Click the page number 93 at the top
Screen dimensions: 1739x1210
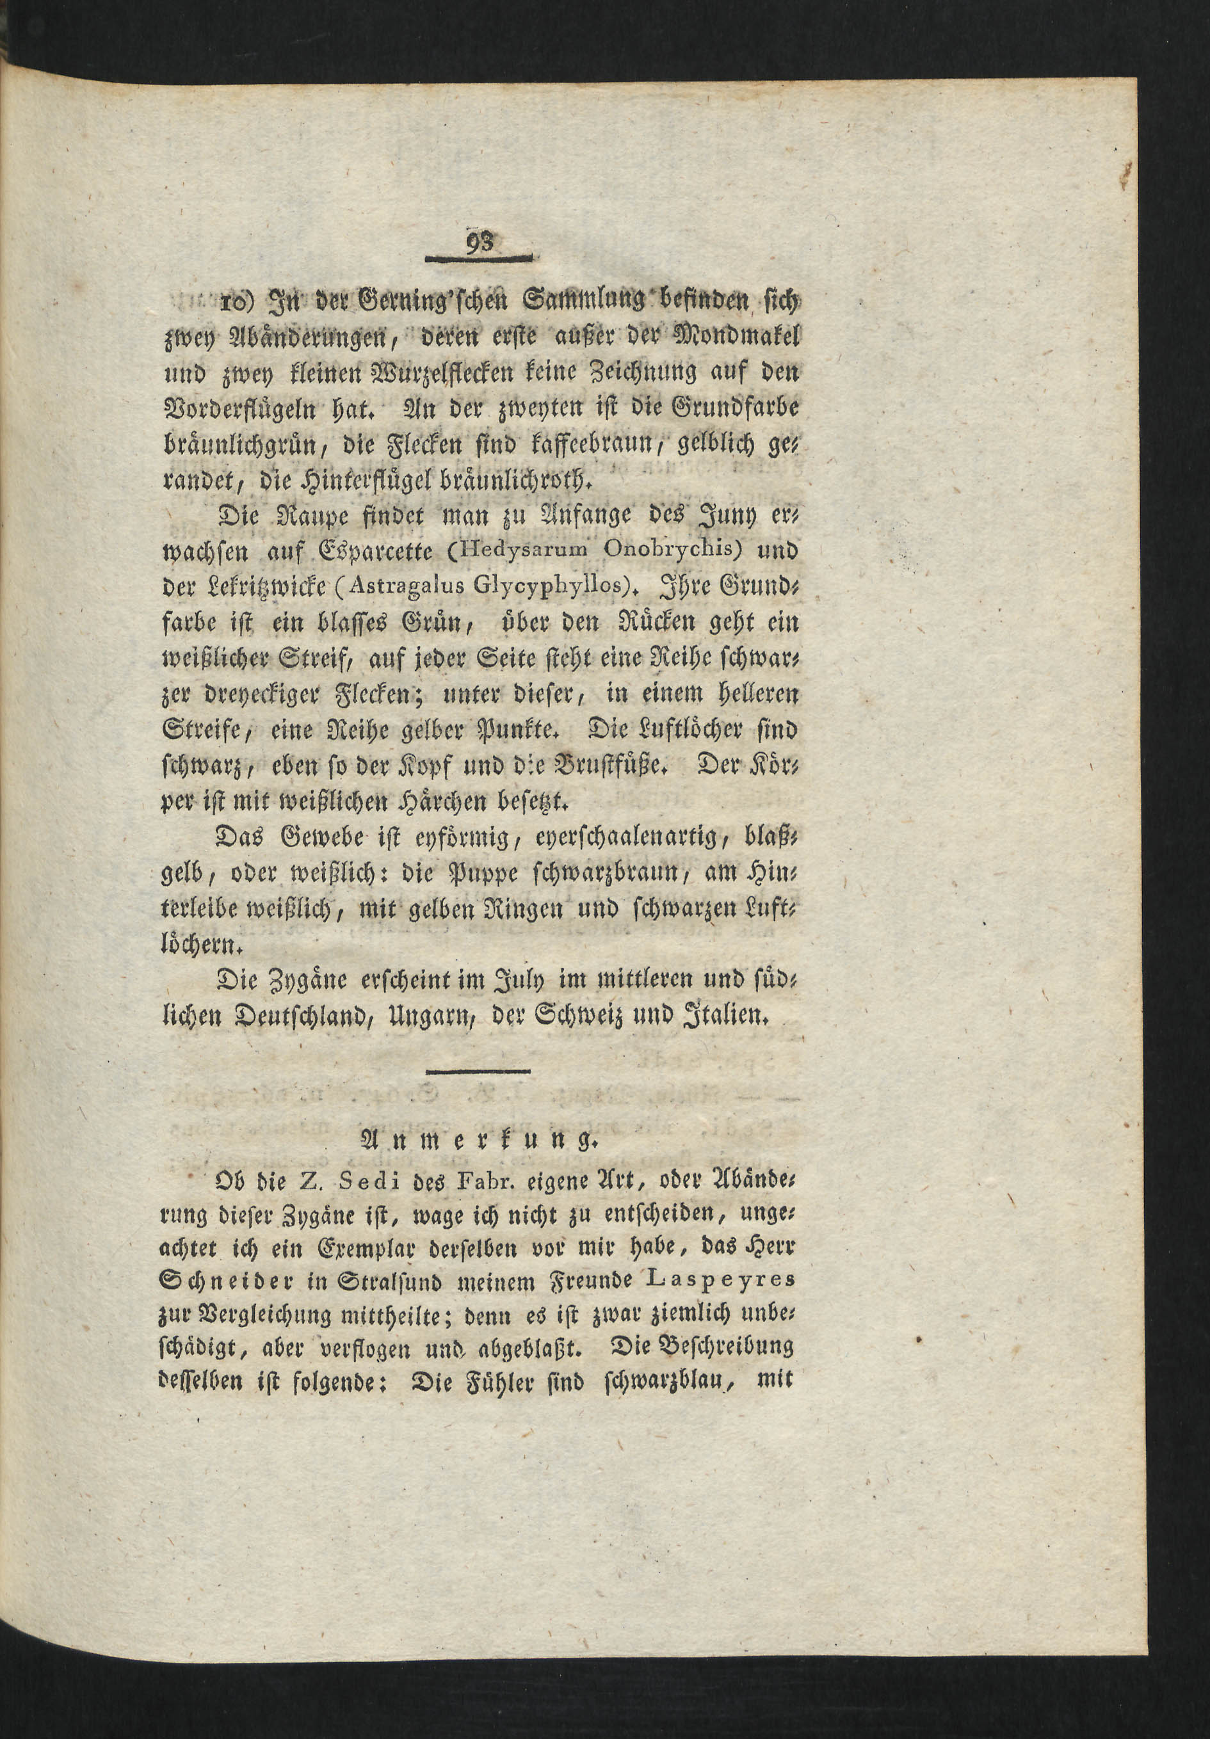(x=479, y=243)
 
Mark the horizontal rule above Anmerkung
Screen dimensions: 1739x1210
(x=478, y=1070)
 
